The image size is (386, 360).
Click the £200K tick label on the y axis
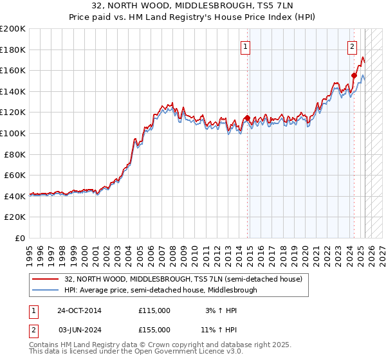(x=13, y=29)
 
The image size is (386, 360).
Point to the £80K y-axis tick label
(x=15, y=154)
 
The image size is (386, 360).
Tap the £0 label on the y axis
(x=21, y=238)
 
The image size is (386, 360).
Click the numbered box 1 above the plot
(x=246, y=46)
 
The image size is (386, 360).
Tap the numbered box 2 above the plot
(x=353, y=46)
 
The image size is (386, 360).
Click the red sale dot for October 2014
(x=248, y=118)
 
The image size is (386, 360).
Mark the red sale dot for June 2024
(x=354, y=76)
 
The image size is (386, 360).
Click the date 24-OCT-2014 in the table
(x=79, y=310)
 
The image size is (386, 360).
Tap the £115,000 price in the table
(x=154, y=310)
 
